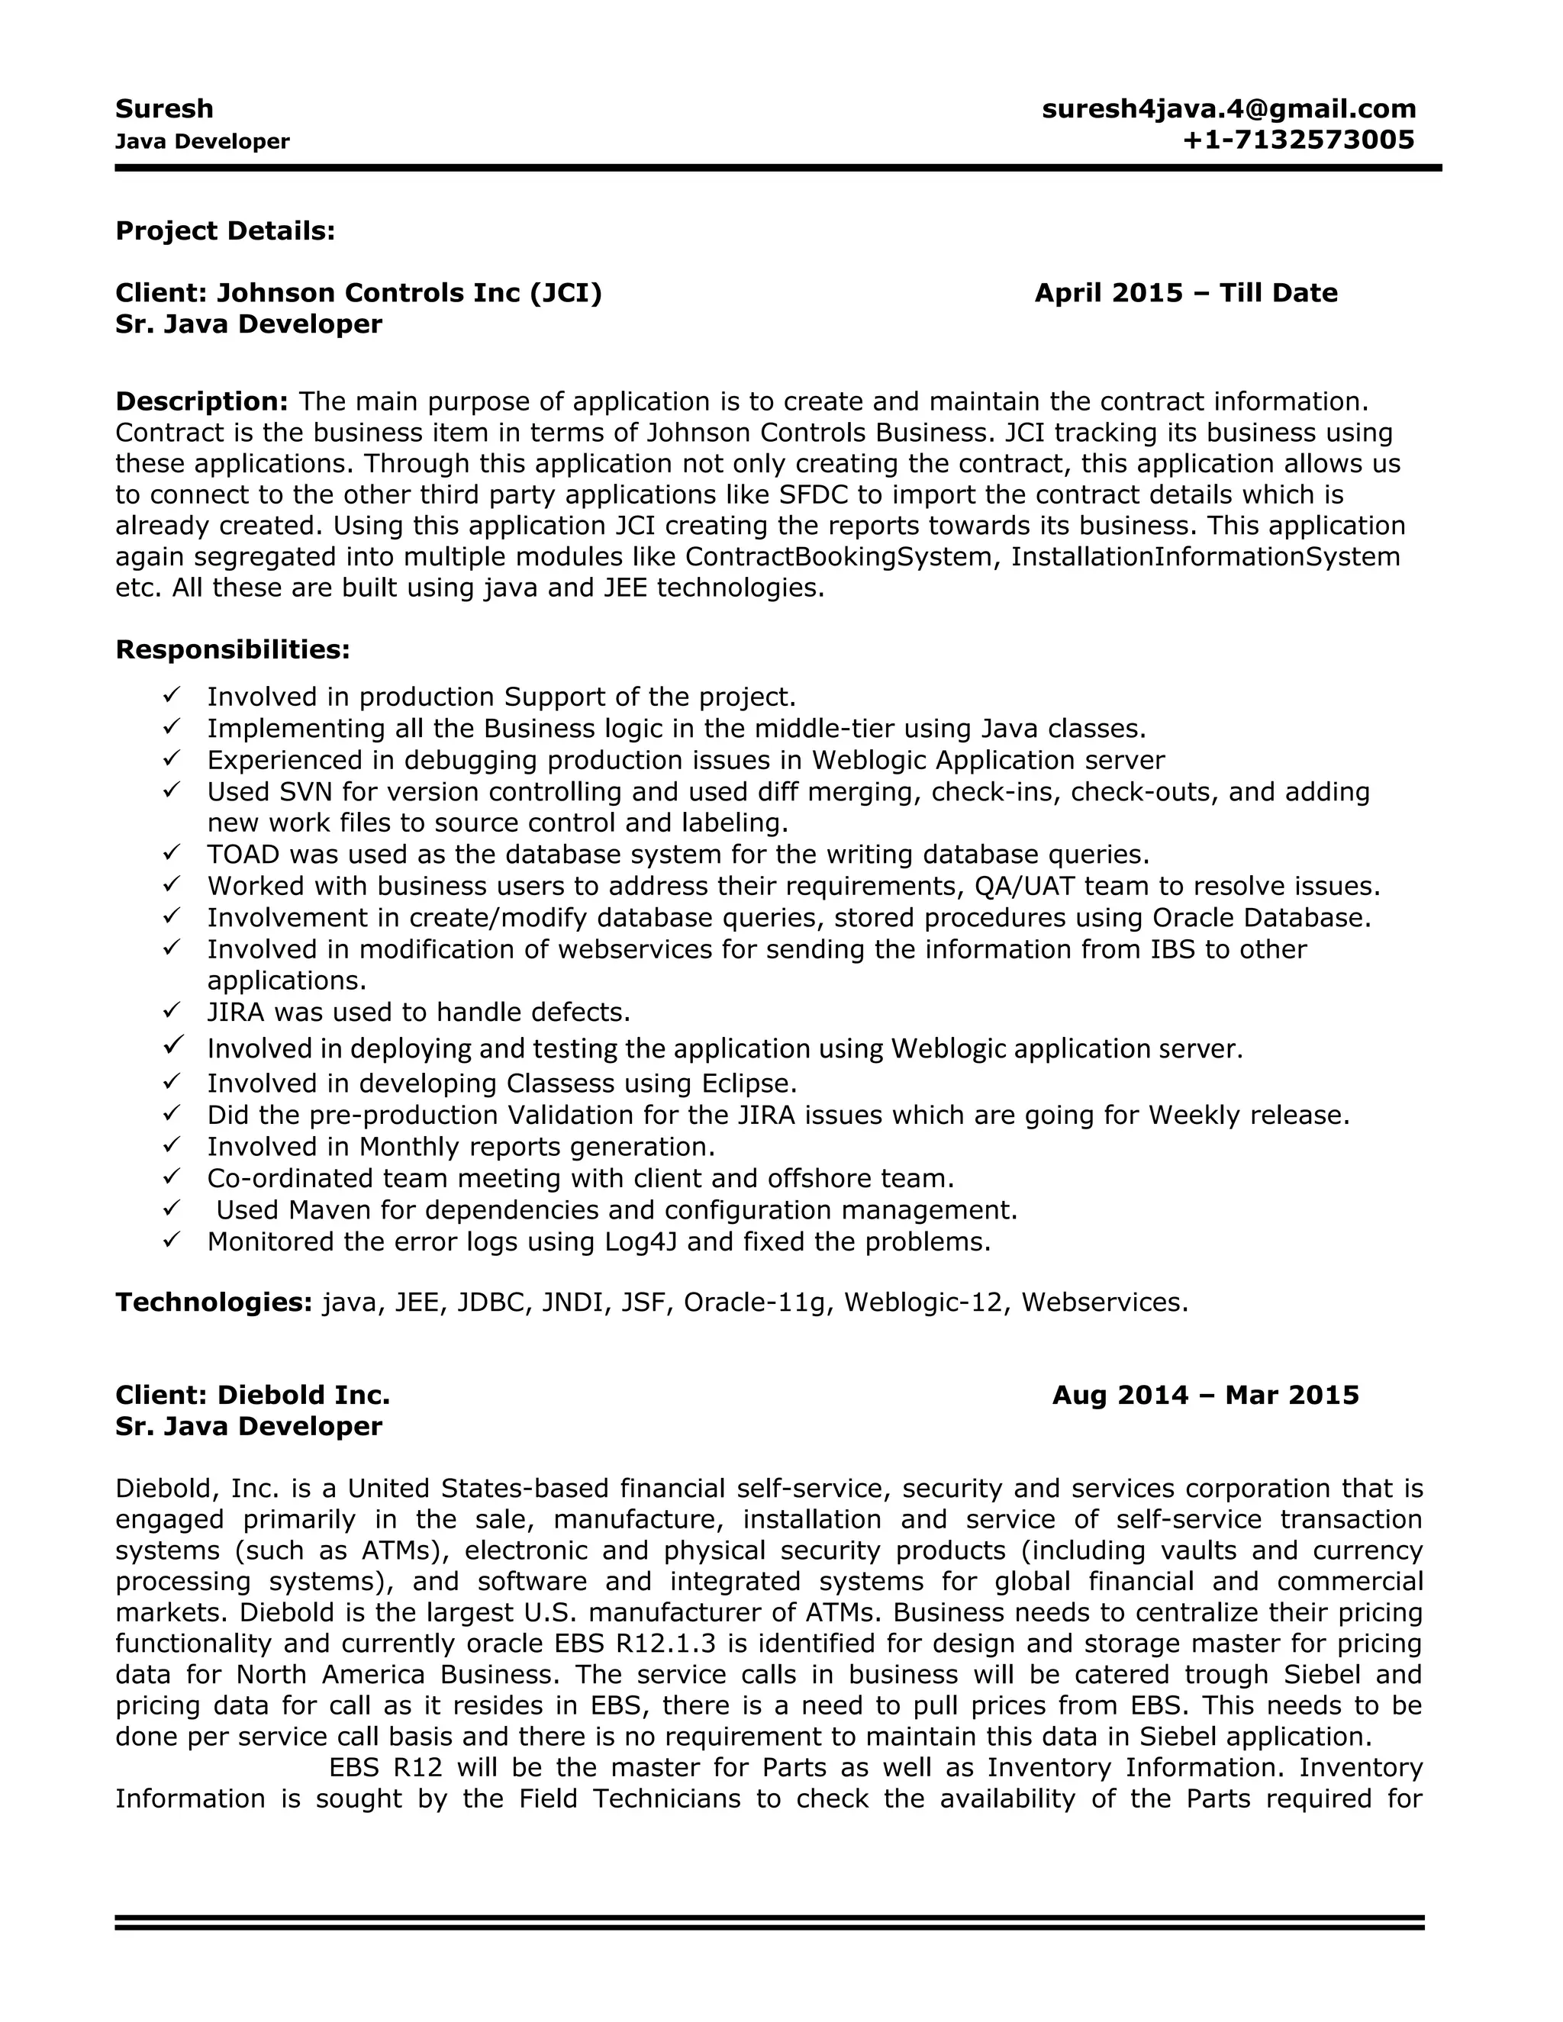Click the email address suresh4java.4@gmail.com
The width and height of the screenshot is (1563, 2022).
pyautogui.click(x=1228, y=109)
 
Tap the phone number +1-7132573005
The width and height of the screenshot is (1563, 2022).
pyautogui.click(x=1298, y=140)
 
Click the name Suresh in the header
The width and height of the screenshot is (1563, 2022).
pyautogui.click(x=164, y=109)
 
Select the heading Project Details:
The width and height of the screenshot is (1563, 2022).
pyautogui.click(x=225, y=231)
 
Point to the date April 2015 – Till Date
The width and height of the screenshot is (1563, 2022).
pyautogui.click(x=1185, y=294)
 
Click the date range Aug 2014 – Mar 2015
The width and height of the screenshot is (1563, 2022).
pyautogui.click(x=1204, y=1396)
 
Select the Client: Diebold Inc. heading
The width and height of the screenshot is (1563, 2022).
pyautogui.click(x=252, y=1396)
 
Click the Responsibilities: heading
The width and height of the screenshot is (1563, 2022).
pyautogui.click(x=233, y=650)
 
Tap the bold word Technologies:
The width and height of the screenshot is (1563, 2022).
pyautogui.click(x=213, y=1302)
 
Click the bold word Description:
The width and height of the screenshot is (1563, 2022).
pyautogui.click(x=201, y=402)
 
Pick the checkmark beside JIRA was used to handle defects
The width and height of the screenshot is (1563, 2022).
pyautogui.click(x=171, y=1010)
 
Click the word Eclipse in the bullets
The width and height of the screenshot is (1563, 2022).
pyautogui.click(x=744, y=1083)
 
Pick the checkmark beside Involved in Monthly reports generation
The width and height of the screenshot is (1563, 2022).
pyautogui.click(x=171, y=1145)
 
